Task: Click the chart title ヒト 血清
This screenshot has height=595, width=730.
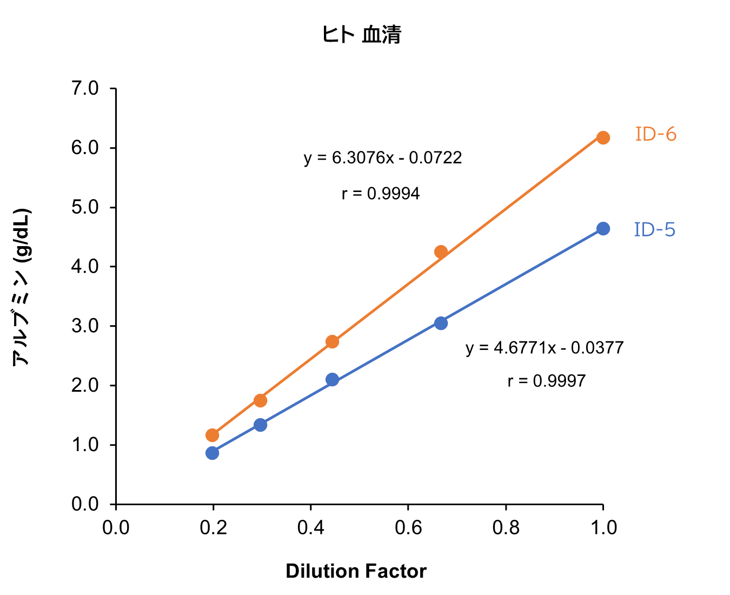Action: pyautogui.click(x=361, y=35)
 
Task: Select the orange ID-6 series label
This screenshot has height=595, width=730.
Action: pyautogui.click(x=655, y=134)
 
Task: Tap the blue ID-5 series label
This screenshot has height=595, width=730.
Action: pyautogui.click(x=654, y=230)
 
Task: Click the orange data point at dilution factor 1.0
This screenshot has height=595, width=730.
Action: pyautogui.click(x=603, y=137)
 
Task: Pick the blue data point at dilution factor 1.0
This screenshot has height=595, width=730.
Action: pyautogui.click(x=603, y=229)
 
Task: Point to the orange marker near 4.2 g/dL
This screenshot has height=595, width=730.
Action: pyautogui.click(x=441, y=252)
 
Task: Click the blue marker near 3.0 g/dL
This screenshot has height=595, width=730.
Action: pyautogui.click(x=441, y=323)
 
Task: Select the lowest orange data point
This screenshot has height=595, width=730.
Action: pyautogui.click(x=213, y=435)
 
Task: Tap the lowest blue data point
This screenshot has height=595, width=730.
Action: pyautogui.click(x=213, y=453)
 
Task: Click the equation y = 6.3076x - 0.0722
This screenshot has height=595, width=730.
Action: pyautogui.click(x=383, y=158)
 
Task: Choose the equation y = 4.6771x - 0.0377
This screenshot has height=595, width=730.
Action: pyautogui.click(x=545, y=347)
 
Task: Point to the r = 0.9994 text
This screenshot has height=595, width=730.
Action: pyautogui.click(x=381, y=194)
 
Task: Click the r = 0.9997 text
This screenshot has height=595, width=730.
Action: pyautogui.click(x=546, y=381)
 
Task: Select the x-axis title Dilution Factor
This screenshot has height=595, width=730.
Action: pyautogui.click(x=356, y=571)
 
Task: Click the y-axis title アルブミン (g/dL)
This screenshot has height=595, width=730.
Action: pyautogui.click(x=22, y=287)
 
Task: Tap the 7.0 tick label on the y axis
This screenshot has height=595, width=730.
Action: pyautogui.click(x=85, y=88)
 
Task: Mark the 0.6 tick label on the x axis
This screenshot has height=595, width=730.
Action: pyautogui.click(x=408, y=528)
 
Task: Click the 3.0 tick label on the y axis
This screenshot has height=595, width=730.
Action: pyautogui.click(x=85, y=326)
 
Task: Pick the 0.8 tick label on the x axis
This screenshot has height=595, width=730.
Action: pyautogui.click(x=506, y=528)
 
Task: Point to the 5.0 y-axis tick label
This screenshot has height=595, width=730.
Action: pyautogui.click(x=85, y=207)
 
